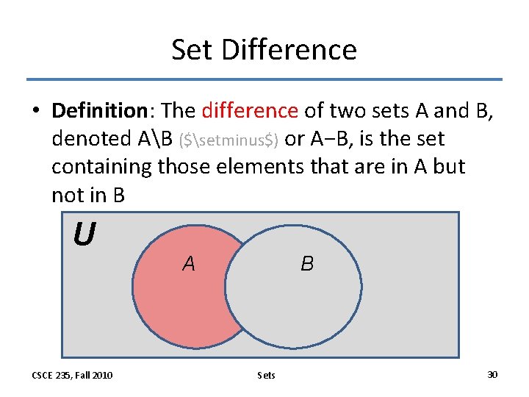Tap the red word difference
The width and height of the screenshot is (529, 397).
point(250,111)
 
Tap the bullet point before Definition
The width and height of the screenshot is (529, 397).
point(35,112)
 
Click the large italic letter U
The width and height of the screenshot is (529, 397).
point(84,235)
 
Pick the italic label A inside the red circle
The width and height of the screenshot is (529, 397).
point(189,263)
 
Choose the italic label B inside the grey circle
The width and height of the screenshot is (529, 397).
point(307,263)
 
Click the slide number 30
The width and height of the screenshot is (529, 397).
point(492,375)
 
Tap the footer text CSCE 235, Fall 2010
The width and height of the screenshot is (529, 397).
point(72,375)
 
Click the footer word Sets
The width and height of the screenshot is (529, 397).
point(267,375)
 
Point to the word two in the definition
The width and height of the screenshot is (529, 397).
point(348,111)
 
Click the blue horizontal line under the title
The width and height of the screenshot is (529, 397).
point(264,79)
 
